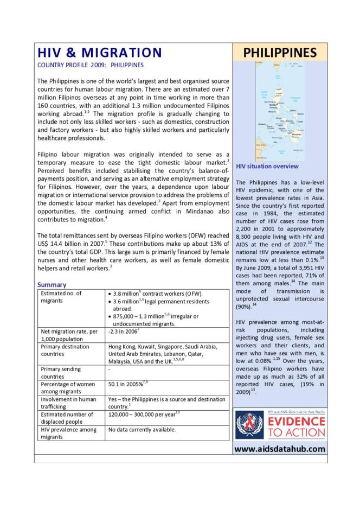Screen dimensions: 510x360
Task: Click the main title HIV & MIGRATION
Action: click(x=99, y=53)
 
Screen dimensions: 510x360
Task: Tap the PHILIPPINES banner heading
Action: click(x=279, y=53)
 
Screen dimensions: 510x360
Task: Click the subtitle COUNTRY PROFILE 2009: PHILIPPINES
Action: click(x=90, y=65)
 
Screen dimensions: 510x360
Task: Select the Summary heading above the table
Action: click(x=52, y=284)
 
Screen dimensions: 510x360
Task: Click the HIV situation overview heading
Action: click(x=267, y=166)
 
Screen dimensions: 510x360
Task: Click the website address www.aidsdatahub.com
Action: click(x=279, y=449)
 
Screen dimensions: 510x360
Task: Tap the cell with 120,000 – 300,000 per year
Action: click(x=144, y=414)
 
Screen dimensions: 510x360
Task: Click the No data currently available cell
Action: click(x=142, y=430)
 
